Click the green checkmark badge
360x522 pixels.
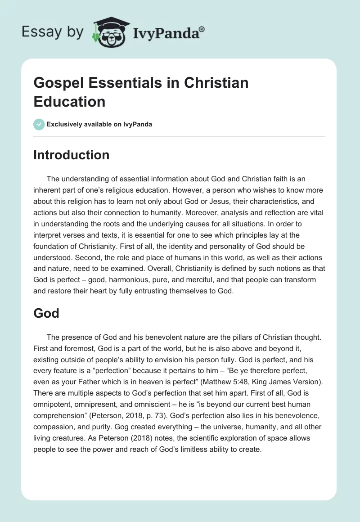point(39,124)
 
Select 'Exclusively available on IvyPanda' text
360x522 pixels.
point(99,124)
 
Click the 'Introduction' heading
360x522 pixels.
point(72,155)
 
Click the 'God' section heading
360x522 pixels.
point(46,313)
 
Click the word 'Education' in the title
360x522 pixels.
point(69,101)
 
